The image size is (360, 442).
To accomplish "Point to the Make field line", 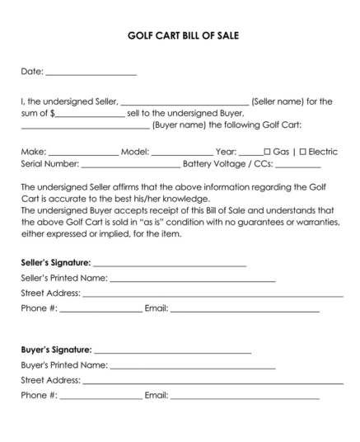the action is pyautogui.click(x=83, y=154).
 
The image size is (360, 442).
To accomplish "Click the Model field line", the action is pyautogui.click(x=182, y=154).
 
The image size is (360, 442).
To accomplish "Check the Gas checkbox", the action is pyautogui.click(x=268, y=152).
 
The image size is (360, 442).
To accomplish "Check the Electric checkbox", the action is pyautogui.click(x=303, y=152).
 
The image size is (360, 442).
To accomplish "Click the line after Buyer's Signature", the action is pyautogui.click(x=172, y=352).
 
